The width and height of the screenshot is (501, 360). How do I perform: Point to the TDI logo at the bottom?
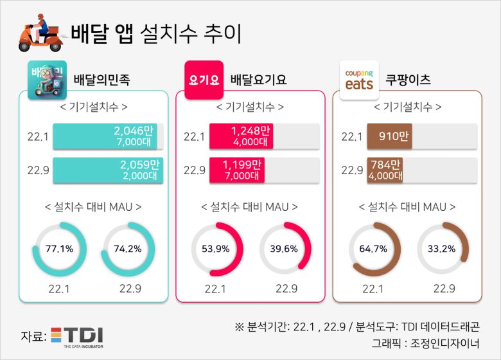point(76,337)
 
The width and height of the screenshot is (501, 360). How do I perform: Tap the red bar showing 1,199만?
point(237,170)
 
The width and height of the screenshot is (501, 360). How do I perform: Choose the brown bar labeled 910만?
point(389,136)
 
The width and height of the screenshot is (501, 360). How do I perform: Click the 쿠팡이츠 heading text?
point(408,80)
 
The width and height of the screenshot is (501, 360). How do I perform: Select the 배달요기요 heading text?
point(258,80)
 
